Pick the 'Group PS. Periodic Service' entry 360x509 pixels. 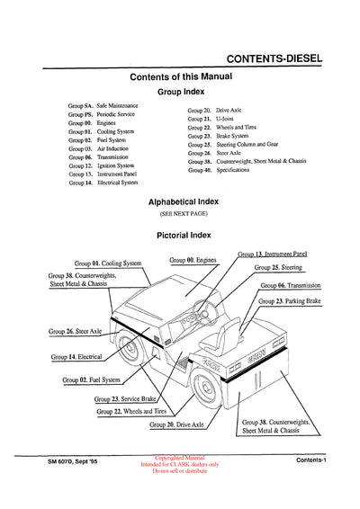point(103,116)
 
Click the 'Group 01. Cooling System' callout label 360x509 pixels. point(108,263)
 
